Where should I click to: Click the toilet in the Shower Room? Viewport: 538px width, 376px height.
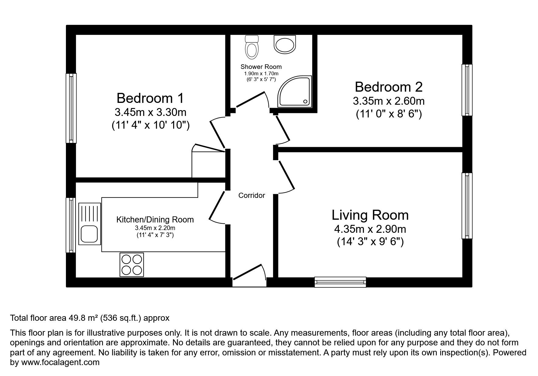tap(251, 48)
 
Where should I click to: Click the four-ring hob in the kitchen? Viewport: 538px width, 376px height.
tap(132, 265)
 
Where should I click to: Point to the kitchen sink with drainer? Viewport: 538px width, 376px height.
tap(90, 224)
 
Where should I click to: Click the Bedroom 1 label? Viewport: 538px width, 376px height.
tap(150, 98)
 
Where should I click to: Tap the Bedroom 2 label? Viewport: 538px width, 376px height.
tap(389, 87)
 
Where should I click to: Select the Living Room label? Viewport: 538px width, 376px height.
tap(370, 215)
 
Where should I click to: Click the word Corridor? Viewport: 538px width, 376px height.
tap(252, 195)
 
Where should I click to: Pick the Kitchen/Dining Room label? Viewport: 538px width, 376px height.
tap(155, 220)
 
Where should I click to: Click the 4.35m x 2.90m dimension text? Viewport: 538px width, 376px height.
tap(370, 229)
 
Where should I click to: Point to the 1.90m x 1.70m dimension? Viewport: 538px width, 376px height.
tap(261, 74)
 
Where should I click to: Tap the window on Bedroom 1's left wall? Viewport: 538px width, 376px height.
tap(71, 108)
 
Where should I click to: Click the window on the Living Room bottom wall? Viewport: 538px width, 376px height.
tap(340, 282)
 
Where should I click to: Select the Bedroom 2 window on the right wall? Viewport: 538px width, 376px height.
tap(467, 90)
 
